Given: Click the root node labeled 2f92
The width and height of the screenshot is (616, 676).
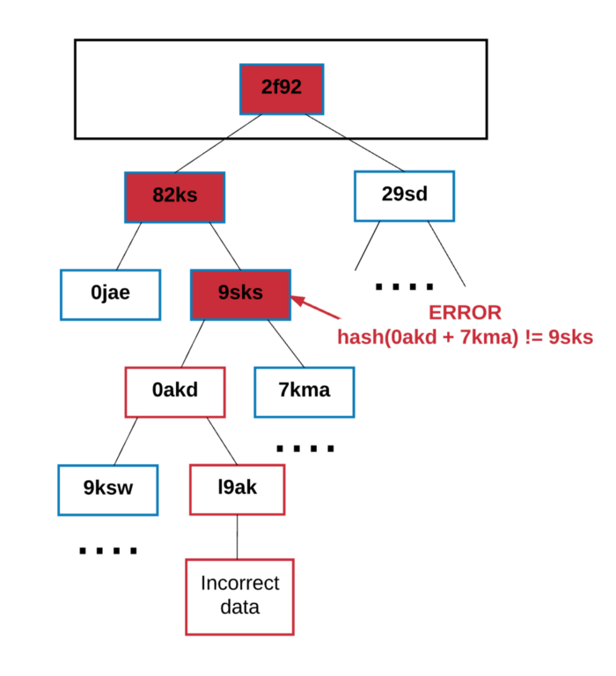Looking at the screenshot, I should point(282,89).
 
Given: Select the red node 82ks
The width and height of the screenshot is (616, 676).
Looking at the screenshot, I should point(175,196).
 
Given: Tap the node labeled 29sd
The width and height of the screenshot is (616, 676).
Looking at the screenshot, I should point(404,195).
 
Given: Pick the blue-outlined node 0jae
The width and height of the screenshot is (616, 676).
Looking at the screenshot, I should point(110,294).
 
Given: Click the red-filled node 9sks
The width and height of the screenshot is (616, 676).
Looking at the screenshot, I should point(240,294).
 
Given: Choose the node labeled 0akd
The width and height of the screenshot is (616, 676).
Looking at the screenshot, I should point(175,390).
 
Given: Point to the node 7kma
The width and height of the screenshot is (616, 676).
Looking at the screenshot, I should point(304,390).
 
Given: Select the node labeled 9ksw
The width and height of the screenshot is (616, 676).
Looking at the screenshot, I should point(108,489).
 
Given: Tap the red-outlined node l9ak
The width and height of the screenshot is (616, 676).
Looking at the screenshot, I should point(238,489).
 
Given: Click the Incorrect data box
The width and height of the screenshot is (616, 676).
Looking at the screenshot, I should point(239,595).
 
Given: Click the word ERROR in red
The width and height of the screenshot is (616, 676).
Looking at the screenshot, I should point(465,313).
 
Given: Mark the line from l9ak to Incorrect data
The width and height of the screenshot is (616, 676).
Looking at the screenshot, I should point(238,536).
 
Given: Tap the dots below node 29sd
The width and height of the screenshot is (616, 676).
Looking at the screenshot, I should point(404,287).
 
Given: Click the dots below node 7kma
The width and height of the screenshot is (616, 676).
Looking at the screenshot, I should point(305,448).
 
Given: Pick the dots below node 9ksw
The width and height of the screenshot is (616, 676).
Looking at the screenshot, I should point(108,551).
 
